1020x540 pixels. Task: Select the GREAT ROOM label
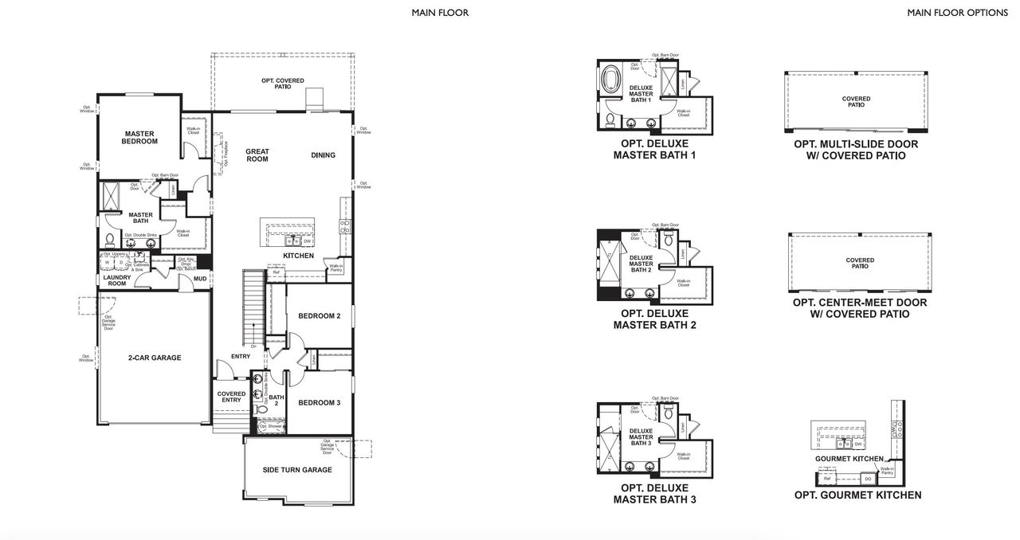coord(257,155)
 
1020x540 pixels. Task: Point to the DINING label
coord(323,155)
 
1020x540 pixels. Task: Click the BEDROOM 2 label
coord(319,316)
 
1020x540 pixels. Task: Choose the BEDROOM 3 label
coord(319,403)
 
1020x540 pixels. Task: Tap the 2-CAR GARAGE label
coord(155,358)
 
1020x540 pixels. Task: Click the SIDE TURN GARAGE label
coord(297,470)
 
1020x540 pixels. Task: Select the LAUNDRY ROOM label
coord(116,280)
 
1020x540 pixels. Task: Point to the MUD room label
coord(200,279)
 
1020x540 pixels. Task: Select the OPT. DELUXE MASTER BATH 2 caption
coord(654,319)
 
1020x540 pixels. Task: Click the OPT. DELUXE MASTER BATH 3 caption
coord(654,494)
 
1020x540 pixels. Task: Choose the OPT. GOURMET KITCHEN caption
coord(857,495)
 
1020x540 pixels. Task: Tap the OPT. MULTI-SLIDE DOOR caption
coord(856,150)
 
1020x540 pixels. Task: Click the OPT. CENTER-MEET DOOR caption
coord(860,308)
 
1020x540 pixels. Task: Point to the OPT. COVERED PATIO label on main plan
coord(282,84)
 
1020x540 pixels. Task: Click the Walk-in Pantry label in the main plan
coord(336,268)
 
